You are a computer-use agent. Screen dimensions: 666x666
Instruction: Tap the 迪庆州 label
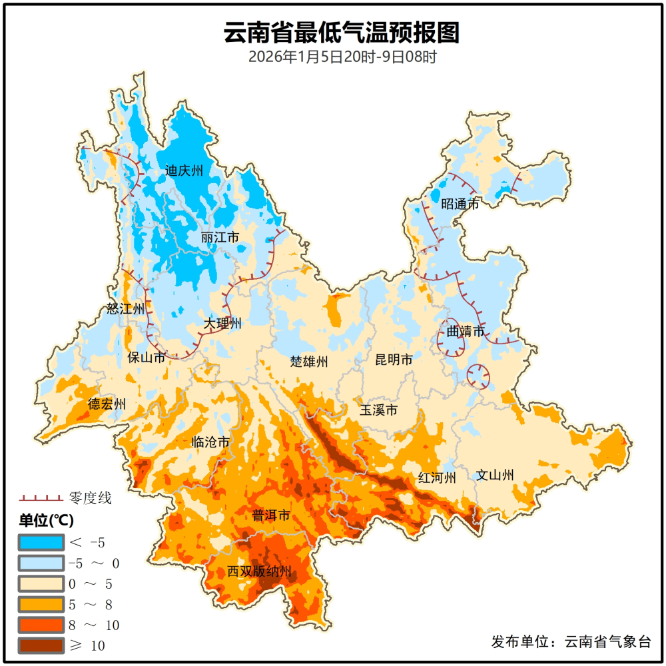(x=184, y=171)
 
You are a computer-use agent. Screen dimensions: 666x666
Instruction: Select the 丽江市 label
(x=220, y=238)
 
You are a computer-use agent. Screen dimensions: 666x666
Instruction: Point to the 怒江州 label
(x=125, y=309)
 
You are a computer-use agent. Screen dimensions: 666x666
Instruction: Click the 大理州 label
(x=222, y=324)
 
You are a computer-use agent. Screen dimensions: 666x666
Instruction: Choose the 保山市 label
(x=147, y=358)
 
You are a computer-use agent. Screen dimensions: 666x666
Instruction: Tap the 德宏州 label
(x=107, y=404)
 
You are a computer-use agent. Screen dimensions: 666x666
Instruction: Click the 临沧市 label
(x=210, y=442)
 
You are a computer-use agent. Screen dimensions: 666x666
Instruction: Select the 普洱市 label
(x=271, y=515)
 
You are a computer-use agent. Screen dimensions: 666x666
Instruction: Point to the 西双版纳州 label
(x=260, y=571)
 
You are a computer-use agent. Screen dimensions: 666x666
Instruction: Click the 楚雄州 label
(x=309, y=362)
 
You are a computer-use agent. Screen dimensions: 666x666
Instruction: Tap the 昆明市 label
(x=394, y=360)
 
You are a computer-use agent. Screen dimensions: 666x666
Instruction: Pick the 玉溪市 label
(x=379, y=410)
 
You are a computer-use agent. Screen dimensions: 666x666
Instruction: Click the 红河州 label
(x=437, y=478)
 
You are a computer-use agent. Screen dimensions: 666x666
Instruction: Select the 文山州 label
(x=495, y=476)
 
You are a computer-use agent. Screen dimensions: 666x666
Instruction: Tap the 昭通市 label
(x=460, y=204)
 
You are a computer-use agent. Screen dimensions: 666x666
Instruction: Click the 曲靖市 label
(x=465, y=330)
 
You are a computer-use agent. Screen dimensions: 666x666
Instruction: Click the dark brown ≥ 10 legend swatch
(x=41, y=645)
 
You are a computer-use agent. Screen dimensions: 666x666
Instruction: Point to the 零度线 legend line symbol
(x=41, y=498)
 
